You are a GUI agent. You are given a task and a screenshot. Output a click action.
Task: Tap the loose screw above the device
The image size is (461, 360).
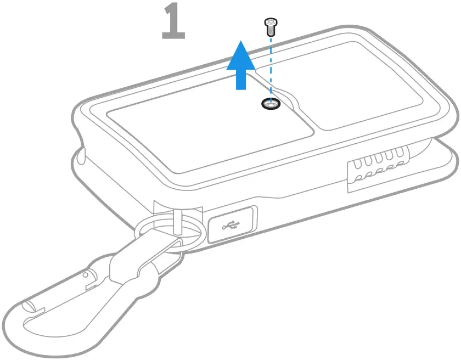coord(269,25)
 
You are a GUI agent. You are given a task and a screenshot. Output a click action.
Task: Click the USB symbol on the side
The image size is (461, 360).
coord(231,224)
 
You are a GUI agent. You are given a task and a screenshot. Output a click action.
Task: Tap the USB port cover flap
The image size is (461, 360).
coord(232,224)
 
